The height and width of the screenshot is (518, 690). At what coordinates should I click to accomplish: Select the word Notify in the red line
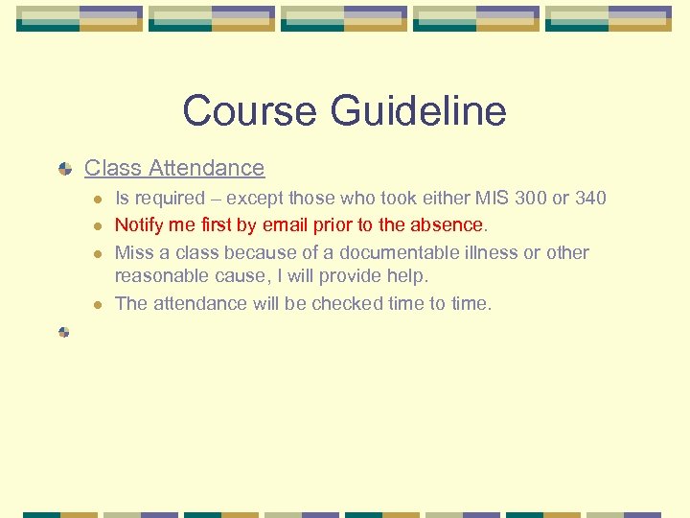click(140, 225)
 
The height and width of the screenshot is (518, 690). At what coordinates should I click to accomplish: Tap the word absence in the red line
click(448, 225)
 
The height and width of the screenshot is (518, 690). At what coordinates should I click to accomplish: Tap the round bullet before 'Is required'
click(98, 200)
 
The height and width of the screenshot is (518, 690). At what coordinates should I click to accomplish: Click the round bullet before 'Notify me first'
click(98, 226)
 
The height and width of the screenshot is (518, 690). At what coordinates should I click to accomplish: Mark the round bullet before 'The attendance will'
click(98, 305)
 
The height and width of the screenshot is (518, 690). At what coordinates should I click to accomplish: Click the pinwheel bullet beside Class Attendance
click(64, 169)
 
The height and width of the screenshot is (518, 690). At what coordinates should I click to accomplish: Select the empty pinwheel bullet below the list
click(64, 332)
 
